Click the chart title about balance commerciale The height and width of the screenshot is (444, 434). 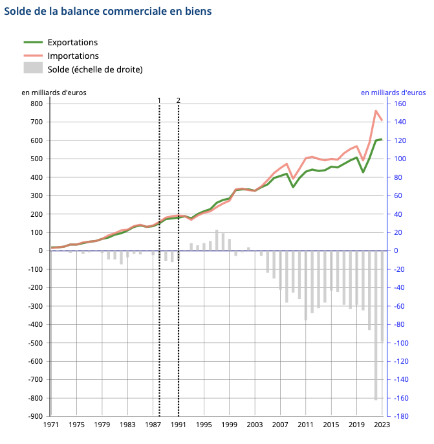pos(107,12)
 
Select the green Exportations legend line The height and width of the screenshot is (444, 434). pos(33,42)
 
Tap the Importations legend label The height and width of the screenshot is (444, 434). pos(73,56)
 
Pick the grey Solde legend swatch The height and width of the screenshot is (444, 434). pos(33,69)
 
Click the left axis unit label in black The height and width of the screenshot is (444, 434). pos(54,93)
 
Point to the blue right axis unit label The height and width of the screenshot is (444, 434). pos(393,93)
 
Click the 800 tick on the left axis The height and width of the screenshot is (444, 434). pos(36,104)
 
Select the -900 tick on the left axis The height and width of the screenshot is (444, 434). pos(35,416)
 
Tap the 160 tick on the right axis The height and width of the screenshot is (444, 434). pos(399,104)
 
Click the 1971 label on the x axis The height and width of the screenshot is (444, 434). pos(51,425)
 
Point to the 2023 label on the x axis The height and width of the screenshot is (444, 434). pos(382,425)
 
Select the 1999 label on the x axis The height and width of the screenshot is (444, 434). pos(229,425)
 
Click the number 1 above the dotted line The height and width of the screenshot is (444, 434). pos(159,100)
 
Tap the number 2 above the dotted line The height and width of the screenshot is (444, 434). pos(178,100)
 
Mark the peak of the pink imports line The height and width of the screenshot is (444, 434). pos(376,111)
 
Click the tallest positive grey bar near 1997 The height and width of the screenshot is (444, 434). pos(217,240)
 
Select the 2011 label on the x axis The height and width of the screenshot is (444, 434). pos(305,425)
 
